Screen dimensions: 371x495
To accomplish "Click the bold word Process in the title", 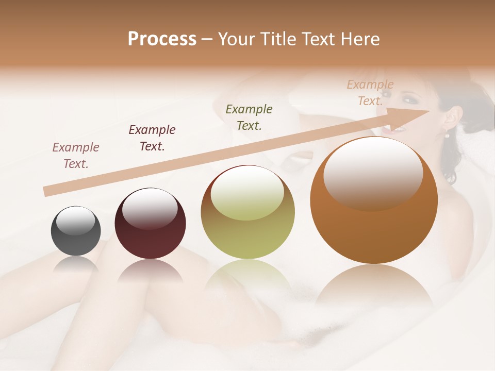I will [162, 39].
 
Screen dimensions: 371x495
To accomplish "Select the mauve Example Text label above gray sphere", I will [76, 155].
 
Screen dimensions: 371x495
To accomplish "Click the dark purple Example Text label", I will [152, 138].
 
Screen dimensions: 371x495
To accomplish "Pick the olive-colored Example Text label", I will [249, 117].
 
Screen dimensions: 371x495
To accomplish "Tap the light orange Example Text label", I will [370, 92].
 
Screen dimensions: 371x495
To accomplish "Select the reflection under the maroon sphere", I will [150, 270].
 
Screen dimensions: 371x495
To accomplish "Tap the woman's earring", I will [447, 135].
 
